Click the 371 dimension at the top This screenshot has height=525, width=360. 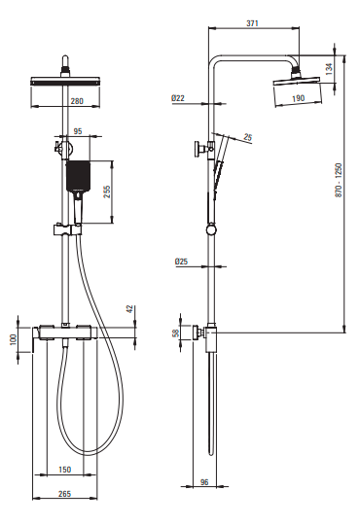252,23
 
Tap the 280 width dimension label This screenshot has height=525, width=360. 77,101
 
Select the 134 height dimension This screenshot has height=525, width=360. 329,69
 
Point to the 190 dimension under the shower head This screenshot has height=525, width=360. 298,98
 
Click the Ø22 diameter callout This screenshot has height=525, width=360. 178,98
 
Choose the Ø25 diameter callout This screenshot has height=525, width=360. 181,262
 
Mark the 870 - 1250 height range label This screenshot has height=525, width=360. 339,180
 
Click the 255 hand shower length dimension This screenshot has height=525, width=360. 107,192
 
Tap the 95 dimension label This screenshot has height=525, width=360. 78,131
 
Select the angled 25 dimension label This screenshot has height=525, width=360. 248,137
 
